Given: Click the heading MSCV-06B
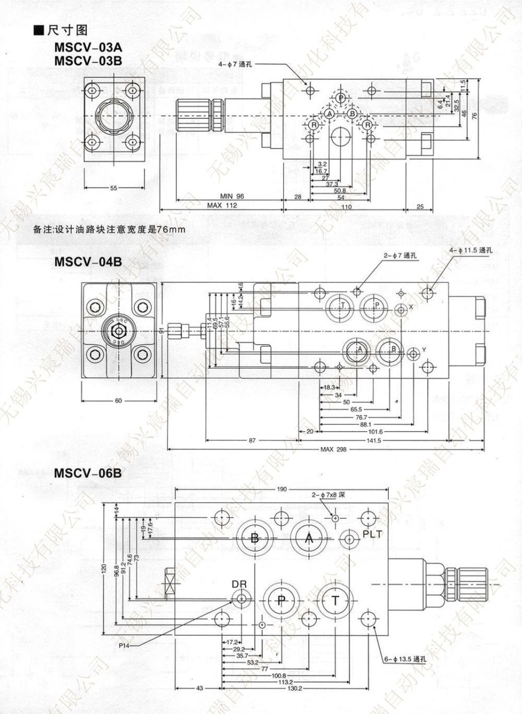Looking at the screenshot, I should coord(88,473).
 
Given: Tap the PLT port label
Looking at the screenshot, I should coord(373,534).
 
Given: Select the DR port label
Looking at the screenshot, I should coord(239,584).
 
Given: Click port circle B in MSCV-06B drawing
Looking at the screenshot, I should coord(255,538).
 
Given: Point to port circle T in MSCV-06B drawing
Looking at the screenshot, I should coord(336,601).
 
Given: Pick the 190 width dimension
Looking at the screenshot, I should coord(281,489).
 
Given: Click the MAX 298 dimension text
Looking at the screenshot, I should coord(334,449).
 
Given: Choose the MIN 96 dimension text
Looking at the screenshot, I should coord(232,196).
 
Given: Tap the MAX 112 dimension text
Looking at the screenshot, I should coord(221,206).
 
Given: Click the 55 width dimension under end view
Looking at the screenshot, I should coord(114,188).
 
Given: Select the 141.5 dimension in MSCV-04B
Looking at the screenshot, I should coord(374,441).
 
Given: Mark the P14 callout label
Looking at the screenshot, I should coord(124,646).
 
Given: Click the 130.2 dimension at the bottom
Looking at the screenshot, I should coord(294,688).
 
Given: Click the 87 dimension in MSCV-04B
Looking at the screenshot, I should coord(252,441).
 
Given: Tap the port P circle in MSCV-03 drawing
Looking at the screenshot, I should coord(340,98).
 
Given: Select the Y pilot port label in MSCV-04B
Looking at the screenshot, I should coord(424,350).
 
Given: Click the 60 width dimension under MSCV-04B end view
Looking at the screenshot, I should coord(118,401).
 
